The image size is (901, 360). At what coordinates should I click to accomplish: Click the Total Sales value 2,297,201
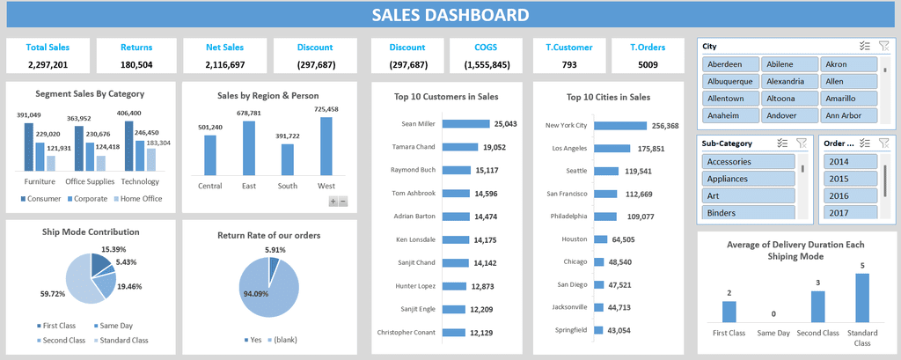pos(48,64)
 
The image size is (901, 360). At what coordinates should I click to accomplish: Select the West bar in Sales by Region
pos(326,146)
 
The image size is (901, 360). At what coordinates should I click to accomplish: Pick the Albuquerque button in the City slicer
pos(730,81)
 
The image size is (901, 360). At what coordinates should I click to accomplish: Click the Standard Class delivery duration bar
pos(861,298)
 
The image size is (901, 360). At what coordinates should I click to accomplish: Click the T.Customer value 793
pos(569,64)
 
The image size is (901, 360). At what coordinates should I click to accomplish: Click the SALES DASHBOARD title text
pos(450,14)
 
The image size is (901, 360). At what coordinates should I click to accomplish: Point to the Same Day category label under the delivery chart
pos(773,334)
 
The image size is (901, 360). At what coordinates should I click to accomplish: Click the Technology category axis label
pos(141,181)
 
